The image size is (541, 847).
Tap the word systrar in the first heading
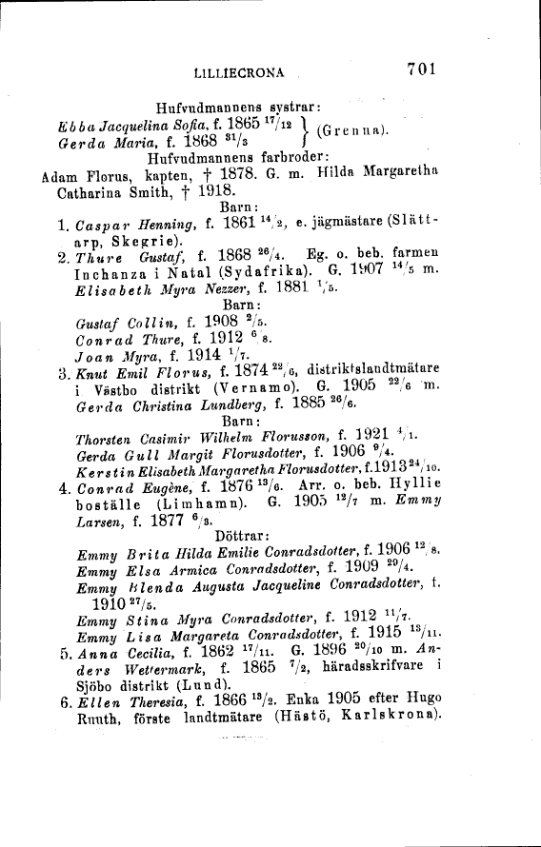click(x=296, y=108)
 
